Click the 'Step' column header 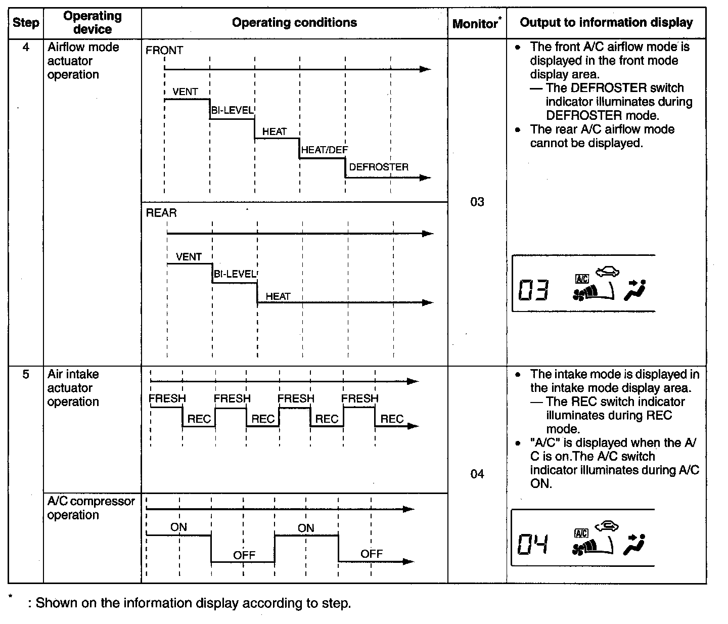pyautogui.click(x=26, y=23)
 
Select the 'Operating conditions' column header pyautogui.click(x=294, y=23)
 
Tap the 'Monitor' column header pyautogui.click(x=476, y=24)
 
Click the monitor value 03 pyautogui.click(x=477, y=202)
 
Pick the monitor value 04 pyautogui.click(x=477, y=474)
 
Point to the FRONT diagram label pyautogui.click(x=164, y=51)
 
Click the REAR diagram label pyautogui.click(x=161, y=213)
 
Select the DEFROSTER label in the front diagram pyautogui.click(x=379, y=167)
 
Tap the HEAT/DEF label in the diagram pyautogui.click(x=324, y=150)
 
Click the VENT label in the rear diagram pyautogui.click(x=189, y=257)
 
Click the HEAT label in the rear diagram pyautogui.click(x=278, y=297)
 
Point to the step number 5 pyautogui.click(x=26, y=375)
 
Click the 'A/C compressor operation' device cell pyautogui.click(x=91, y=508)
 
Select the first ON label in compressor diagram pyautogui.click(x=178, y=527)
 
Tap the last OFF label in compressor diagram pyautogui.click(x=372, y=554)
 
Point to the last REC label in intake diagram pyautogui.click(x=392, y=419)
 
